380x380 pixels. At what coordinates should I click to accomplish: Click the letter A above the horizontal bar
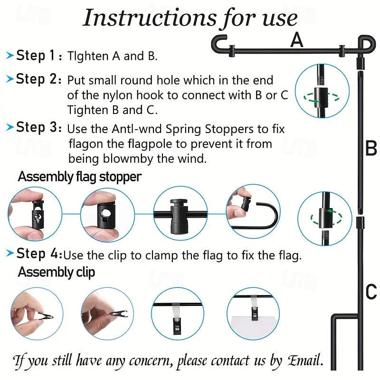[297, 40]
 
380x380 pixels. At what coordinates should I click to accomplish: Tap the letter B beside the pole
[370, 149]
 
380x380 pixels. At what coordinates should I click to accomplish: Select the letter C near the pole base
[371, 292]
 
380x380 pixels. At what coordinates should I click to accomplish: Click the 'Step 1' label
[36, 56]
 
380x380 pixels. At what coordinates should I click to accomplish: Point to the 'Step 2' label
[36, 79]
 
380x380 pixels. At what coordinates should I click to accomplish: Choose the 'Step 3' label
[36, 128]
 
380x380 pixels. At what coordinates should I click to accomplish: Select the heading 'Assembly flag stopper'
[79, 177]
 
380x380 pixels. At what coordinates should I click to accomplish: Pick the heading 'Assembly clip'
[56, 272]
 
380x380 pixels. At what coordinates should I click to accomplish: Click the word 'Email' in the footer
[304, 361]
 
